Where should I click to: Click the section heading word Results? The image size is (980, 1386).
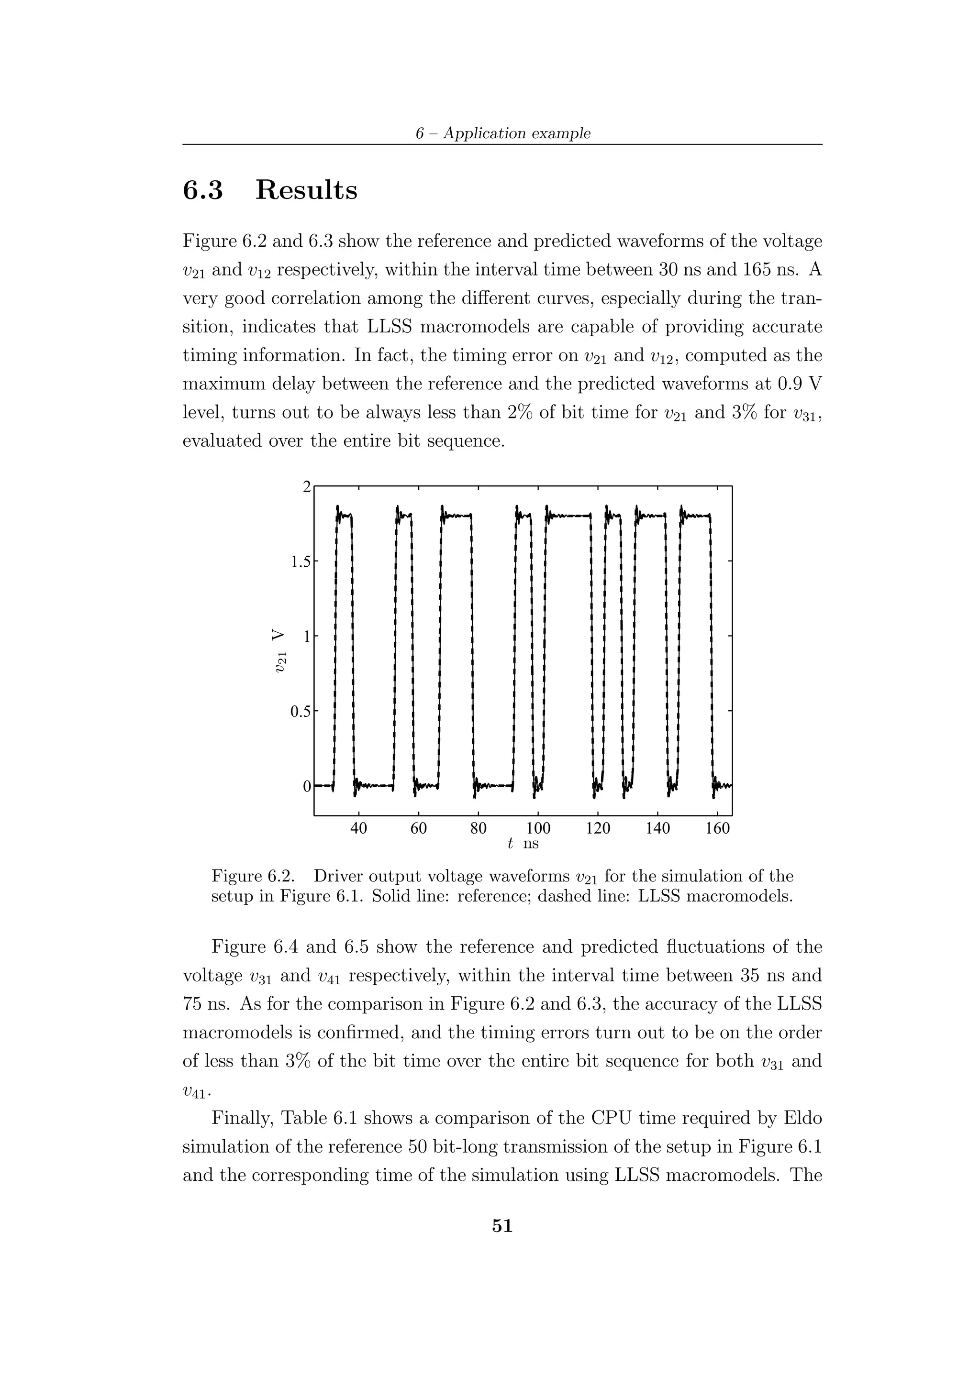coord(306,190)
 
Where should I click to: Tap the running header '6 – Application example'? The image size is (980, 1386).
coord(502,133)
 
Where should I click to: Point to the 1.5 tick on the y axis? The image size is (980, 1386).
coord(300,562)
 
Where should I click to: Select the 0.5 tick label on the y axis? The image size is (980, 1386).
coord(300,712)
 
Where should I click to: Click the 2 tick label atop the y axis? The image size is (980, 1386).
coord(307,486)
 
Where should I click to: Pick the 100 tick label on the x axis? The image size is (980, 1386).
coord(538,828)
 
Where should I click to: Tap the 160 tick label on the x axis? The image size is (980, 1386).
coord(717,828)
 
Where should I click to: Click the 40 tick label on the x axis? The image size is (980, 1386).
coord(359,828)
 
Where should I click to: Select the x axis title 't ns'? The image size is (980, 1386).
coord(523,843)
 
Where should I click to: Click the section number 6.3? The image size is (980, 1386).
coord(203,190)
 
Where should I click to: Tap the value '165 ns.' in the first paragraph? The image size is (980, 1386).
coord(767,270)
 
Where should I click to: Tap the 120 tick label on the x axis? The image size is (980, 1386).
coord(598,828)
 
